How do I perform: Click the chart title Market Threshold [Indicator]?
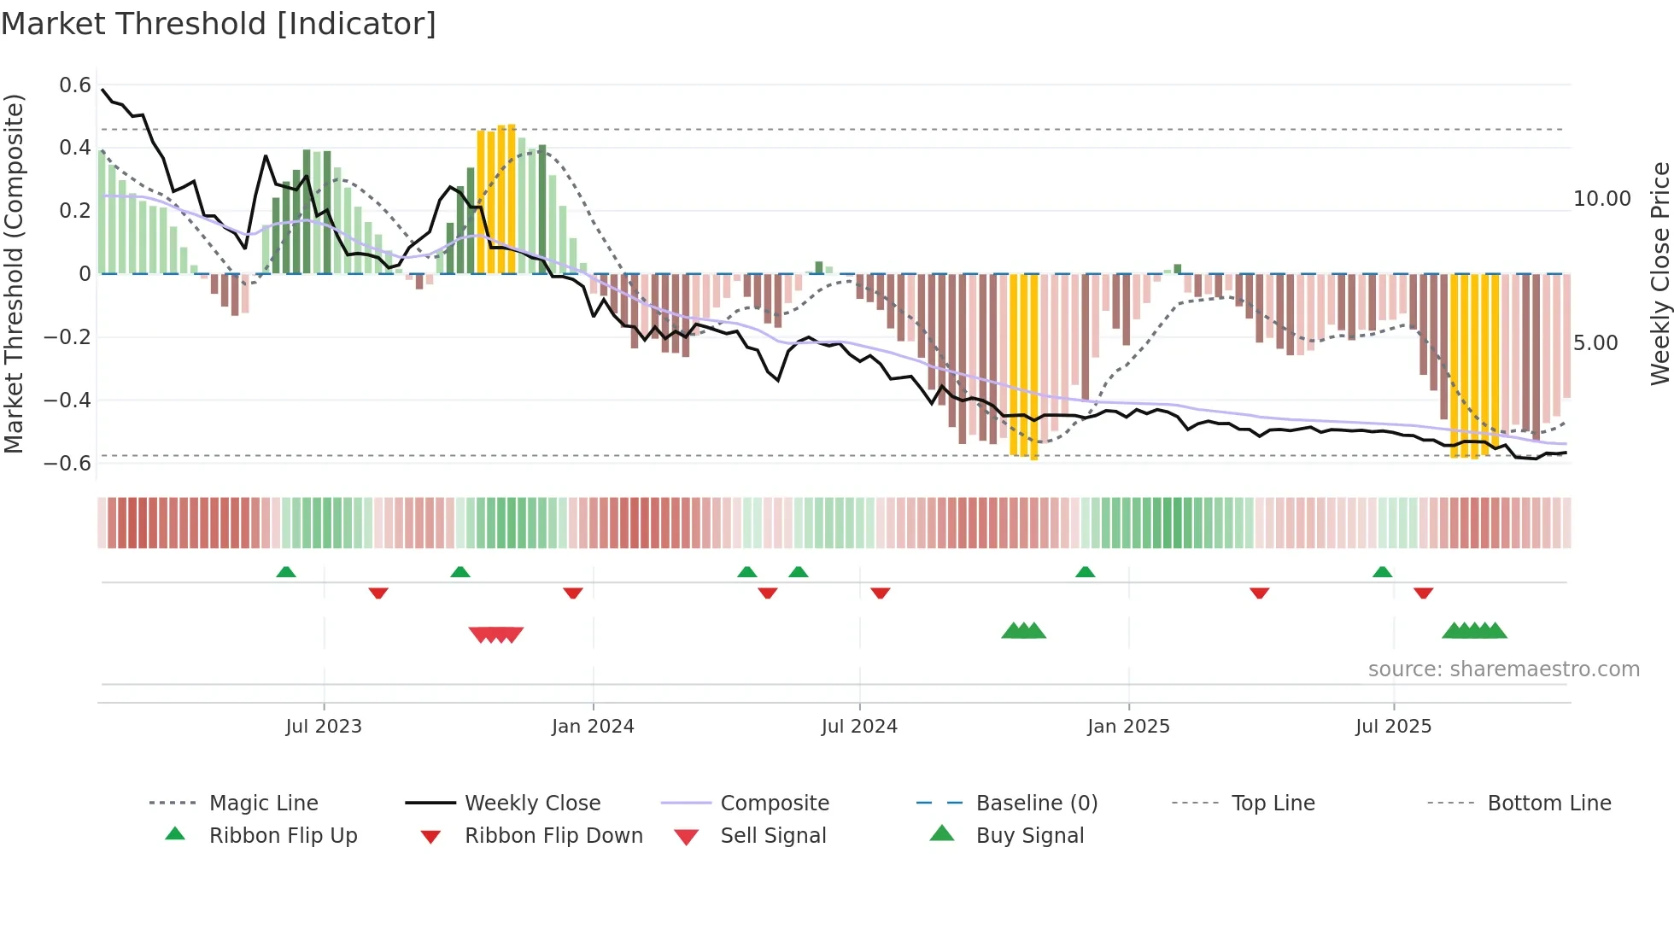(x=219, y=24)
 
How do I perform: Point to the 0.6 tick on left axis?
(x=75, y=85)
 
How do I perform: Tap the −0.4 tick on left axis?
(x=67, y=400)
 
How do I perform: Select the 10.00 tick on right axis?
(x=1601, y=199)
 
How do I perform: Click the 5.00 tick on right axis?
(x=1595, y=343)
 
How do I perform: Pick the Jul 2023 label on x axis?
(x=324, y=727)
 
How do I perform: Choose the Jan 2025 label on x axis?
(x=1128, y=727)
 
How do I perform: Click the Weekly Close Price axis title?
(x=1659, y=273)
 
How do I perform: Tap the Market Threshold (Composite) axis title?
(x=14, y=273)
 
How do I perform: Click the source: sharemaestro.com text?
(x=1503, y=669)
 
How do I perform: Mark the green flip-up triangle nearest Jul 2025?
(x=1382, y=572)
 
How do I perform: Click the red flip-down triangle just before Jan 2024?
(x=573, y=593)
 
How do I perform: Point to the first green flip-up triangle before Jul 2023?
(x=286, y=572)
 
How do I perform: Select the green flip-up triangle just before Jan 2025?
(x=1085, y=572)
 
